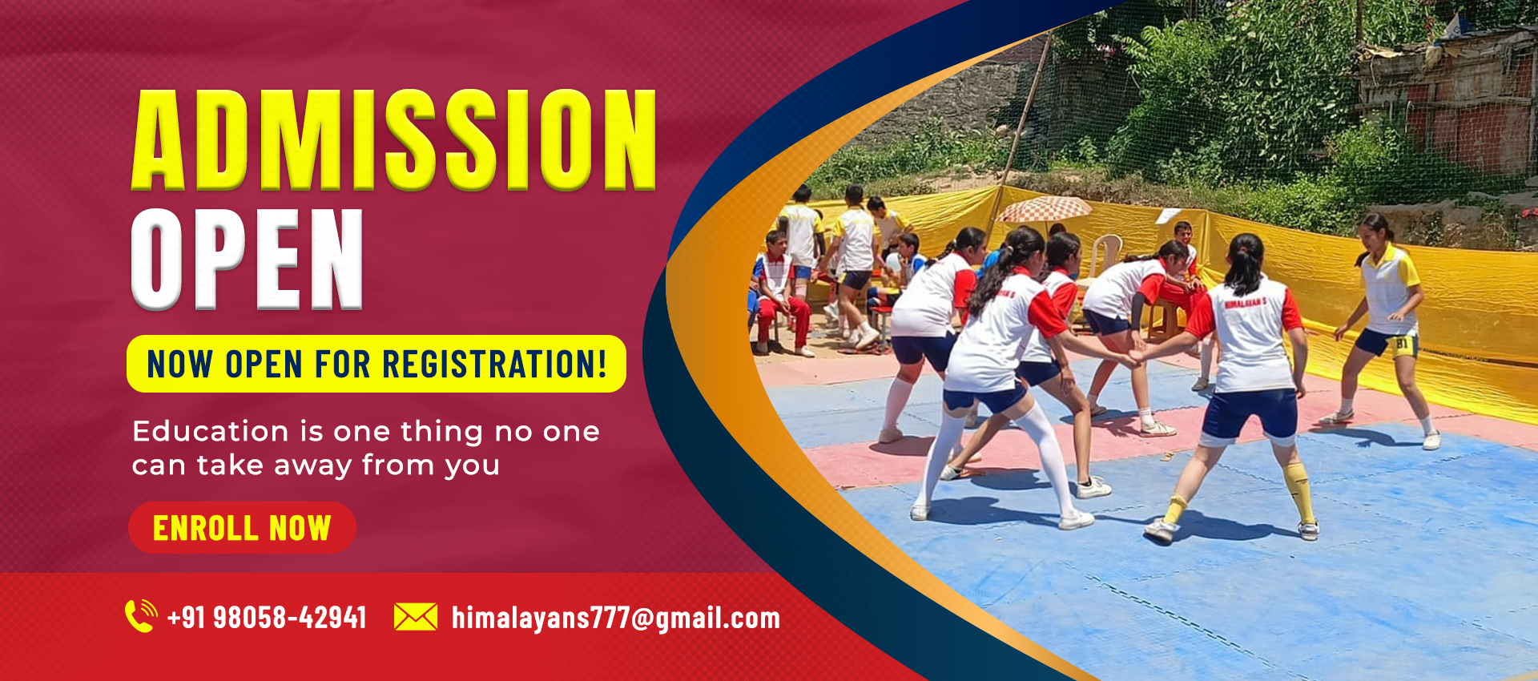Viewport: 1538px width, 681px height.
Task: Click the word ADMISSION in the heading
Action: click(394, 140)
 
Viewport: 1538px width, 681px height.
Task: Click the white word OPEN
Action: click(248, 259)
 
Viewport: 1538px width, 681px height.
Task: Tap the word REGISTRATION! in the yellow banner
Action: click(494, 365)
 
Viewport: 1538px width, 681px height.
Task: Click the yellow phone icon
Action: click(141, 616)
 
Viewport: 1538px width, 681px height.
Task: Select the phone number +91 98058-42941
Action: click(267, 618)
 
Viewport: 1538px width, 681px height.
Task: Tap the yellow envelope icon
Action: click(416, 617)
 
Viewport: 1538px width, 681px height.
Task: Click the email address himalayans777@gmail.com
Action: click(616, 619)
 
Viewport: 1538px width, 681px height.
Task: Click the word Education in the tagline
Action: click(211, 432)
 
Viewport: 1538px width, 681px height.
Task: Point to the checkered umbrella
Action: click(1044, 209)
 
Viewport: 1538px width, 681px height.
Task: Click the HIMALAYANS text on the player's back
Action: click(1246, 303)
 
